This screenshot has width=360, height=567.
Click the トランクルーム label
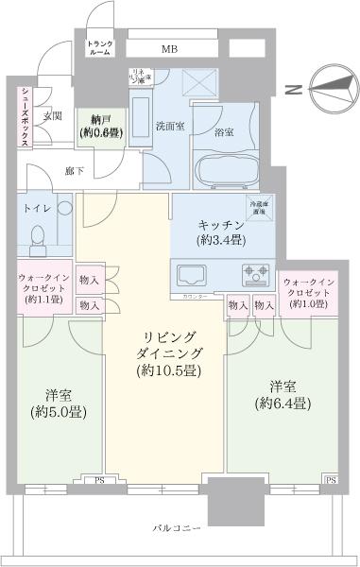coord(99,49)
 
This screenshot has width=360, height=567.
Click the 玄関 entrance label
coord(52,116)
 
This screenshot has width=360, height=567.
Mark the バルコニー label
coord(177,527)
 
